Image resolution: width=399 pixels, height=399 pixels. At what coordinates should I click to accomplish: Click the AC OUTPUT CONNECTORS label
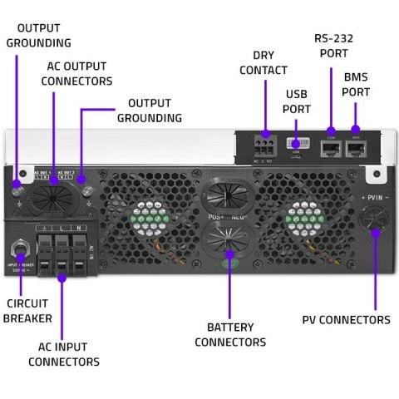point(76,74)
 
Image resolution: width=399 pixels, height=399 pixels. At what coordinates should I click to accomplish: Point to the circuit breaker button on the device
point(18,249)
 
